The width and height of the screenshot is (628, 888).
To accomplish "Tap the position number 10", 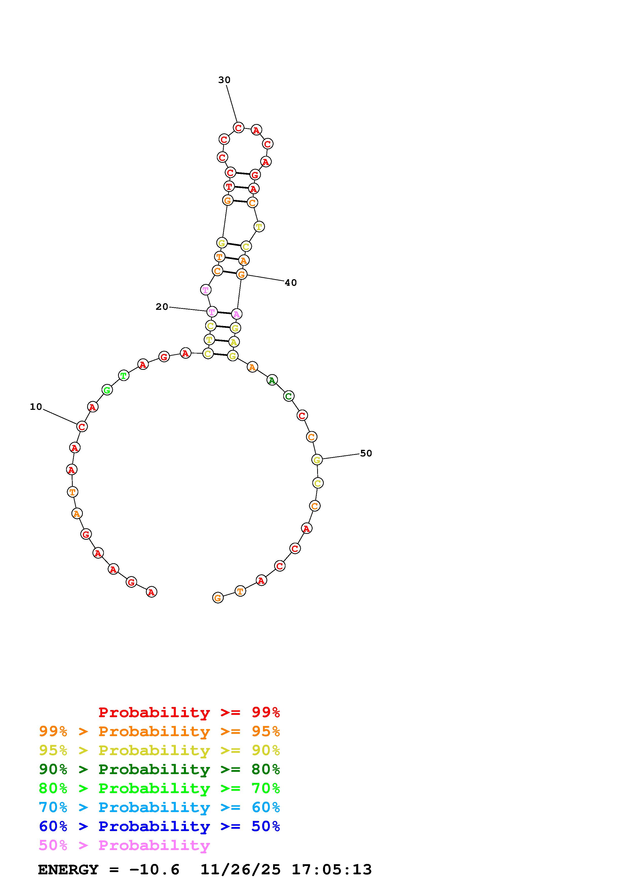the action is point(36,407).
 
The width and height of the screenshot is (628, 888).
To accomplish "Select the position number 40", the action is point(291,283).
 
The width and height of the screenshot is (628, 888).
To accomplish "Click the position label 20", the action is point(162,307).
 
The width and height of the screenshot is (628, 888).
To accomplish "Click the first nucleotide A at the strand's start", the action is point(151,592).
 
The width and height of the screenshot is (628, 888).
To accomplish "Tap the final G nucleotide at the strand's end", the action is point(218,598).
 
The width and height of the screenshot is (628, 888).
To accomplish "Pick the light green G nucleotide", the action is point(107,390).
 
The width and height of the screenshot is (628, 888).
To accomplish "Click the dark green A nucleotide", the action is point(272,380).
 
